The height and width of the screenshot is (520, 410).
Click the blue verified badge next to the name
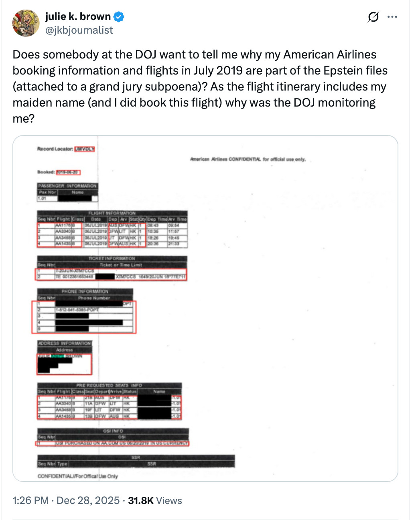click(x=119, y=17)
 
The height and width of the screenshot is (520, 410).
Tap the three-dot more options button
click(x=392, y=17)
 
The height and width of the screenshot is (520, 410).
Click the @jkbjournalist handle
click(x=79, y=30)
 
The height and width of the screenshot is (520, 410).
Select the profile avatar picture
click(x=26, y=23)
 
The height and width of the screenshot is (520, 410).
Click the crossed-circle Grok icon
click(x=373, y=17)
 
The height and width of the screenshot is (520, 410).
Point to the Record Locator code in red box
click(x=85, y=149)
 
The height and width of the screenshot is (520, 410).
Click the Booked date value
click(x=68, y=172)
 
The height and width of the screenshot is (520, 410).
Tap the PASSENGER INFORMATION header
click(x=67, y=186)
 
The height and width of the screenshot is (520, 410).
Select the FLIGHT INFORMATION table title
click(x=112, y=213)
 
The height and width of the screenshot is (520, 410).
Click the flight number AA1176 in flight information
click(x=63, y=226)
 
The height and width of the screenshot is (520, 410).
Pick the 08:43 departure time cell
click(x=153, y=226)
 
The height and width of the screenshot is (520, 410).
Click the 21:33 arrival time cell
click(x=174, y=244)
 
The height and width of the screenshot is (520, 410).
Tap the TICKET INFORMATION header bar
click(x=112, y=258)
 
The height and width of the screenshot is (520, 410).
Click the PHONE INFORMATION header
click(x=85, y=291)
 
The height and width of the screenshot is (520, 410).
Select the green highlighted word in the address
click(x=57, y=356)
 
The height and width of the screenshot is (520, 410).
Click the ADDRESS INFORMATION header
click(x=65, y=343)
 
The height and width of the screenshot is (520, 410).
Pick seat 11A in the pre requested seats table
click(x=89, y=404)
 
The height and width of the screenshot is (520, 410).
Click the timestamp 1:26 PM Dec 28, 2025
click(x=66, y=500)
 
